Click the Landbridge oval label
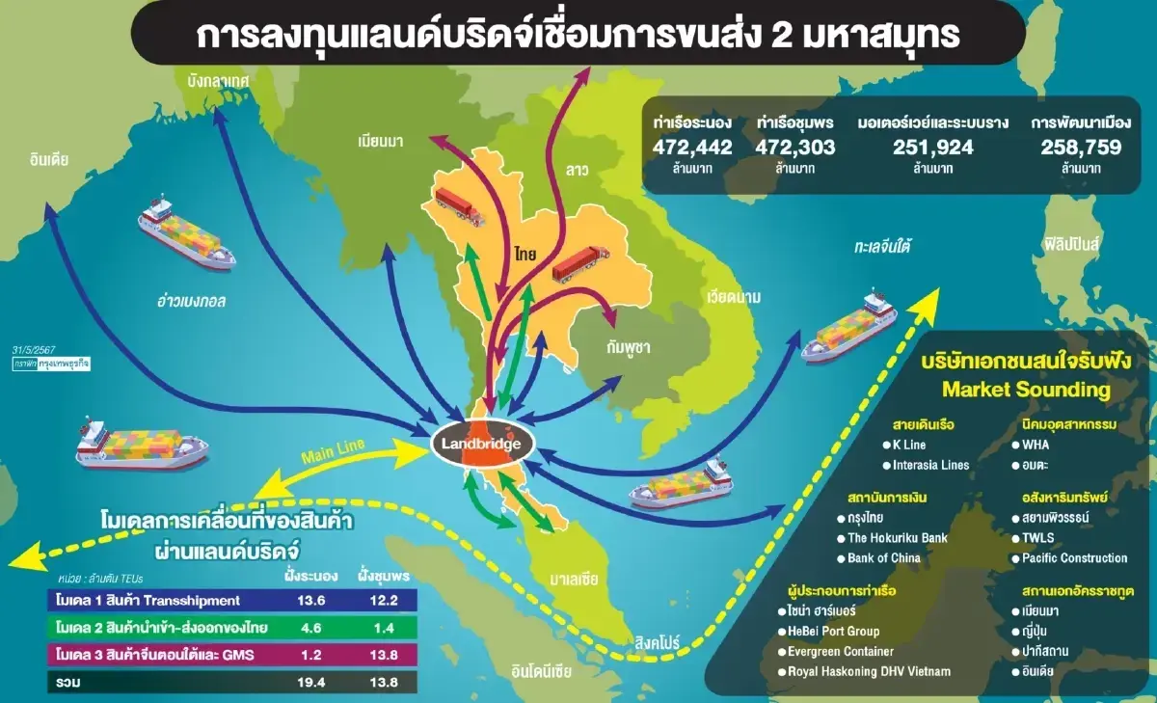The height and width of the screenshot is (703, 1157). tap(481, 445)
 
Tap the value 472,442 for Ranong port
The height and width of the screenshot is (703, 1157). tap(692, 148)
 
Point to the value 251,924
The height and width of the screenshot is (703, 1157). tap(916, 148)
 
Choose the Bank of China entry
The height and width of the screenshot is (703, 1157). tap(884, 557)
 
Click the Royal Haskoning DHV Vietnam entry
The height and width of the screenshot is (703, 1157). tap(869, 671)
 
